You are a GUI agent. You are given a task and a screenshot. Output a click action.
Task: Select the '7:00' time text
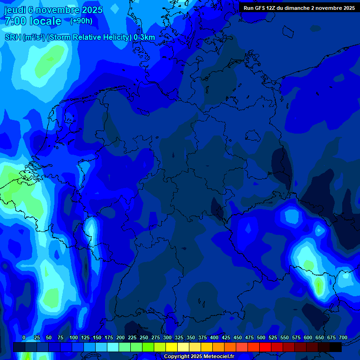tap(15, 21)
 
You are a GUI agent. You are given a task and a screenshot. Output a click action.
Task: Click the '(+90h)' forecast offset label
tap(81, 21)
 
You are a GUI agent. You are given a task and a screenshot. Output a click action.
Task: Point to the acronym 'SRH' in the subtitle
tap(13, 37)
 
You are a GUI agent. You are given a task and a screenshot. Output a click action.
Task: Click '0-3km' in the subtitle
tap(144, 37)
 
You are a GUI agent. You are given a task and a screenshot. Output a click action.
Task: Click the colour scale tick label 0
tap(24, 337)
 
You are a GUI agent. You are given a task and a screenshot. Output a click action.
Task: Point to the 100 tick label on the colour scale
tap(74, 337)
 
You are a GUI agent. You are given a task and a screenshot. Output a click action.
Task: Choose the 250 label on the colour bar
tap(144, 337)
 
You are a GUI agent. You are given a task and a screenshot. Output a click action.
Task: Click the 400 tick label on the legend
tap(214, 337)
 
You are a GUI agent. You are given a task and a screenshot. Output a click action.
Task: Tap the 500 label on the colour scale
tap(261, 337)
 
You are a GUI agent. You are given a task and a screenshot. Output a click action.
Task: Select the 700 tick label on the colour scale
tap(343, 337)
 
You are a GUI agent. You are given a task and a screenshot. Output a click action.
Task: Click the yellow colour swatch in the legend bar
tap(172, 347)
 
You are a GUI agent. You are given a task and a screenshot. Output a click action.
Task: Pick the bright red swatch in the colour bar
tap(265, 347)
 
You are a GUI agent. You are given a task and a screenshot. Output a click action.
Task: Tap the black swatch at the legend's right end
tap(336, 347)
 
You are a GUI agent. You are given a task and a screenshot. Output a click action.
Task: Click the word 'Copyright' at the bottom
tap(176, 357)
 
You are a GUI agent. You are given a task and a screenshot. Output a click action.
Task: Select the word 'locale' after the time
tap(45, 21)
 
